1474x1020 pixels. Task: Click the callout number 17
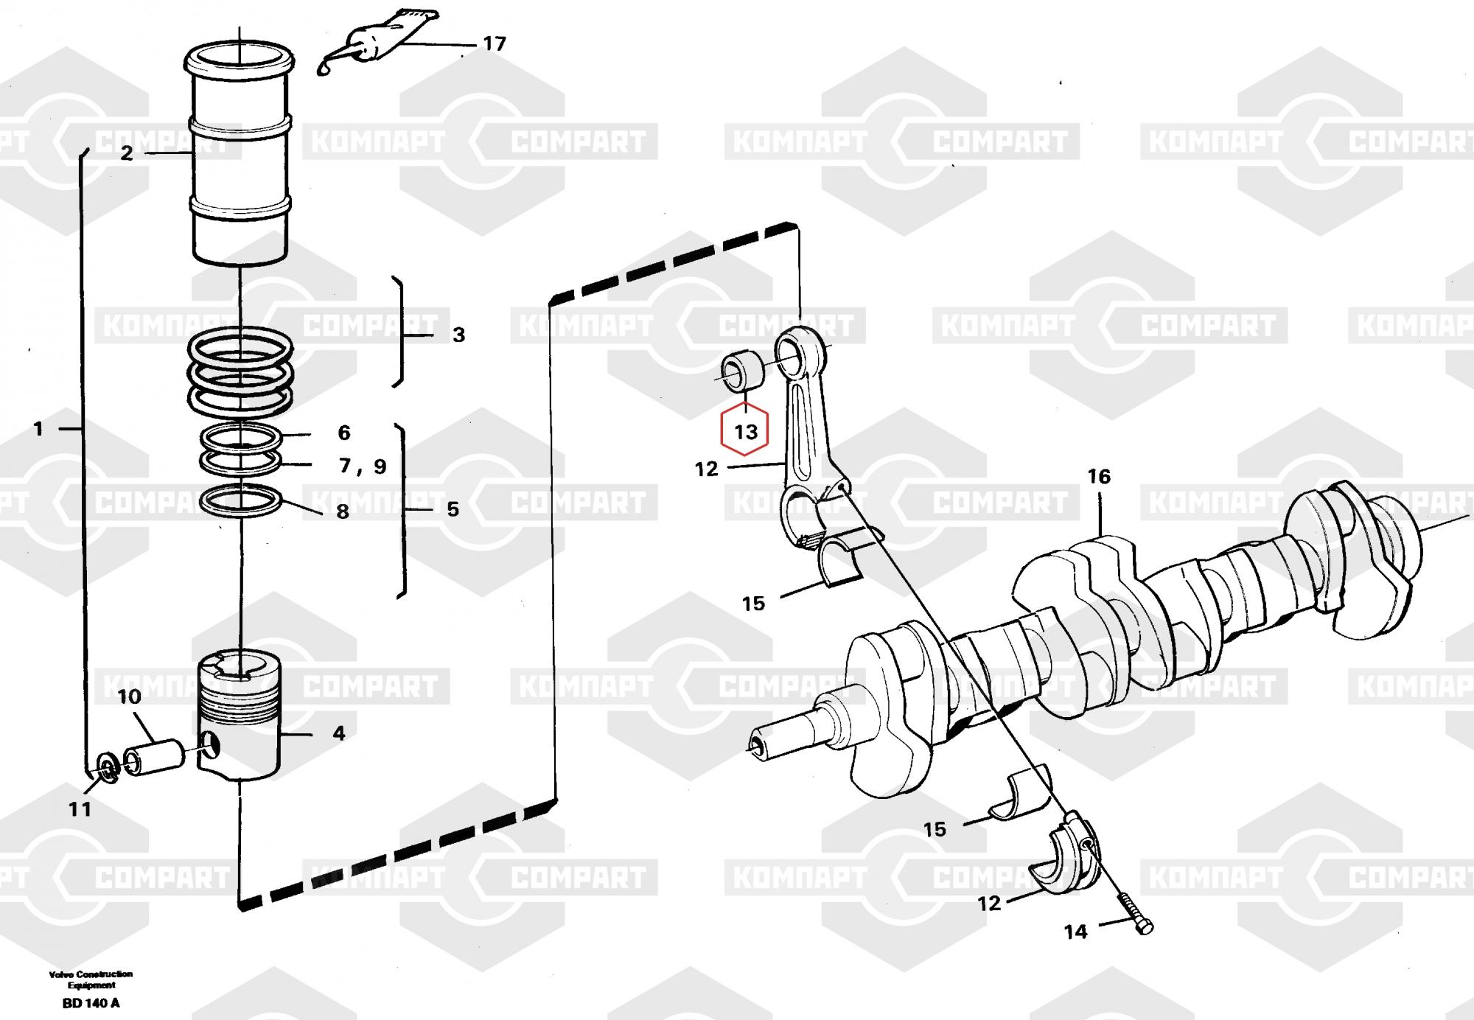point(494,44)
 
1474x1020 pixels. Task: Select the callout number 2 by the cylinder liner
point(127,153)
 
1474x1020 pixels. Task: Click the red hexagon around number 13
point(745,430)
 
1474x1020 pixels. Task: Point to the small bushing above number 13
point(743,370)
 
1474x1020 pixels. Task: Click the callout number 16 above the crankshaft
point(1099,477)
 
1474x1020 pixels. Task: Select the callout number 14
point(1075,932)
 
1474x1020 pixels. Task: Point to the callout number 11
point(80,809)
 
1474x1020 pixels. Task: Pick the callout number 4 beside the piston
point(338,733)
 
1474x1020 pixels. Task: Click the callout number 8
point(343,511)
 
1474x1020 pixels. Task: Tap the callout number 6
point(344,433)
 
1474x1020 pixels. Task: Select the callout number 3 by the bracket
point(458,335)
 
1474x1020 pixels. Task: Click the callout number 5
point(453,509)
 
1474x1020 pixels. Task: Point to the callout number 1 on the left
point(38,429)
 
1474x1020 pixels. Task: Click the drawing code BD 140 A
point(91,1003)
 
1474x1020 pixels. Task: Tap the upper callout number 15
point(753,604)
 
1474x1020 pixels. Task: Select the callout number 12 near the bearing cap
point(989,903)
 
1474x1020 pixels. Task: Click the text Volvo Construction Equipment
point(91,979)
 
